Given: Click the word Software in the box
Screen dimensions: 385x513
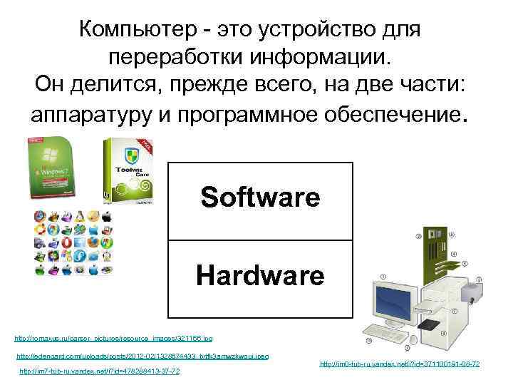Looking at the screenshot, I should pos(260,198).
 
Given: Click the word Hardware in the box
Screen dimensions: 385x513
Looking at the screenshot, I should pos(260,275).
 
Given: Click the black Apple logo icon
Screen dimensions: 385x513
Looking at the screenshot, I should pos(106,215).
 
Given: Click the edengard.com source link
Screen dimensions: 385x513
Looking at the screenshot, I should pos(142,356).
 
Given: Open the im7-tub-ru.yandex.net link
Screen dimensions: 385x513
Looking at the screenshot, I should pos(99,371).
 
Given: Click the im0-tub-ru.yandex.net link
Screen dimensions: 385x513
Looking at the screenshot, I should pos(400,364).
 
